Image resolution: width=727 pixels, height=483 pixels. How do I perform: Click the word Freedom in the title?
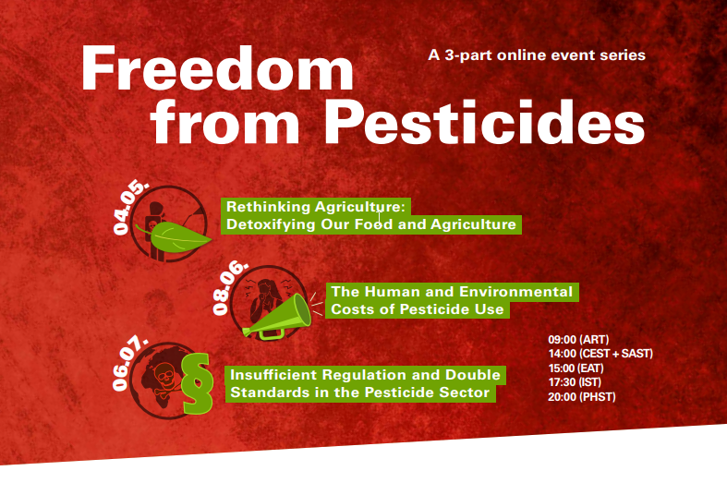(217, 68)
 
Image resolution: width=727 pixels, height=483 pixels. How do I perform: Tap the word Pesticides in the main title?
(484, 122)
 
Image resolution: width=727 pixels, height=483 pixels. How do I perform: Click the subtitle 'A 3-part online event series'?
(537, 55)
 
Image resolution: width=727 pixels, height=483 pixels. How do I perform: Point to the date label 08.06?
(229, 287)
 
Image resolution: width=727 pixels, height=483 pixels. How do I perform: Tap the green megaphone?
(277, 316)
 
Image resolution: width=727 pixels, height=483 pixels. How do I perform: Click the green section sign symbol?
(198, 383)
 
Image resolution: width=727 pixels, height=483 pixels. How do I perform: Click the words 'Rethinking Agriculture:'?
(315, 207)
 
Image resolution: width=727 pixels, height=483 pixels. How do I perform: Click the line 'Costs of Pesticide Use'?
(418, 309)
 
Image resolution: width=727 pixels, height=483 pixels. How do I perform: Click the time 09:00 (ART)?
(578, 339)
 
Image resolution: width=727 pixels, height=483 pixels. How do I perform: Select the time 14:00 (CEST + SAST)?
(600, 354)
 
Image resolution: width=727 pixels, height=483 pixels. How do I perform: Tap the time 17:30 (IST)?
(575, 382)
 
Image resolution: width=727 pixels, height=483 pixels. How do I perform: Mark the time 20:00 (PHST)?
(582, 397)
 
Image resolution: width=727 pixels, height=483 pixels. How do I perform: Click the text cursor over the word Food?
(379, 218)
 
